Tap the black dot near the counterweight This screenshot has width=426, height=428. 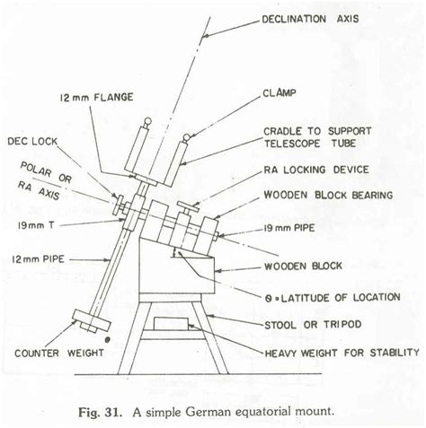pos(107,341)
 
